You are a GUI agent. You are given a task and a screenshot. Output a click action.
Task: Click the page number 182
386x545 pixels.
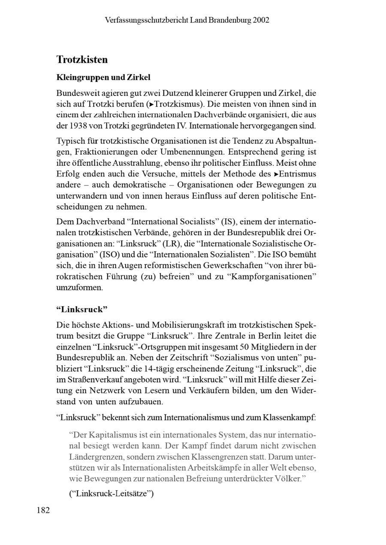point(43,510)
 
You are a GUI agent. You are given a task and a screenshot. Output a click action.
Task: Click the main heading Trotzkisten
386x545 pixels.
point(82,59)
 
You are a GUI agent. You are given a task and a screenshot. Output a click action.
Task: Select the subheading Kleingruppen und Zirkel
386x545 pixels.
point(103,78)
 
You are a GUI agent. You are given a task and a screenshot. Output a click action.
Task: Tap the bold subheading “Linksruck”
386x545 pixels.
point(81,309)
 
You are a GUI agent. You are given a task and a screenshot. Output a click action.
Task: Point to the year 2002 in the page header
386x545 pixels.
point(261,20)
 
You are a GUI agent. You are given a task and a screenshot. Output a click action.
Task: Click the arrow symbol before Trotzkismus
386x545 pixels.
point(151,104)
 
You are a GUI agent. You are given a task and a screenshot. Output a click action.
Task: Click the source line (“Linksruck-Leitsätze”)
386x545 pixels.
point(111,493)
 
